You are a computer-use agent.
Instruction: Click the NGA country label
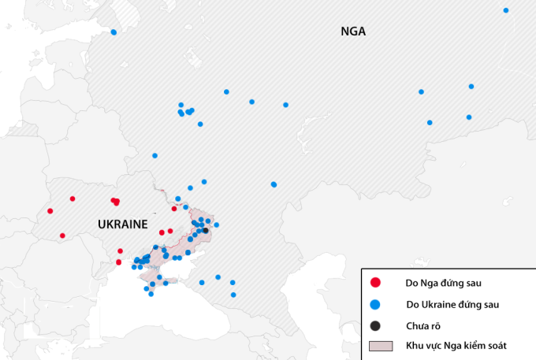(x=354, y=32)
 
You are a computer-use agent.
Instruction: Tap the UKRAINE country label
(x=122, y=225)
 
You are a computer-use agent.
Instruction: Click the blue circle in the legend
(x=376, y=304)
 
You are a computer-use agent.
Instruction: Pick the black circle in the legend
(x=376, y=325)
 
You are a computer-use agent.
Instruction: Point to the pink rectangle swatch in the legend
(x=381, y=346)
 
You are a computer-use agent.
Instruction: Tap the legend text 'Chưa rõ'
(x=423, y=325)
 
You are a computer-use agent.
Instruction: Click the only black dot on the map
(x=205, y=230)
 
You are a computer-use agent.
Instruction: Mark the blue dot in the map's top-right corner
(x=506, y=10)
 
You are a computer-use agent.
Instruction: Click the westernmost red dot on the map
(x=50, y=211)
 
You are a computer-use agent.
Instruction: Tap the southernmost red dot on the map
(x=119, y=262)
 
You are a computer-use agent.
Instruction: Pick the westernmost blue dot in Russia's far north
(x=114, y=32)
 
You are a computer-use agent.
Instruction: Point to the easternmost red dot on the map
(x=174, y=209)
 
